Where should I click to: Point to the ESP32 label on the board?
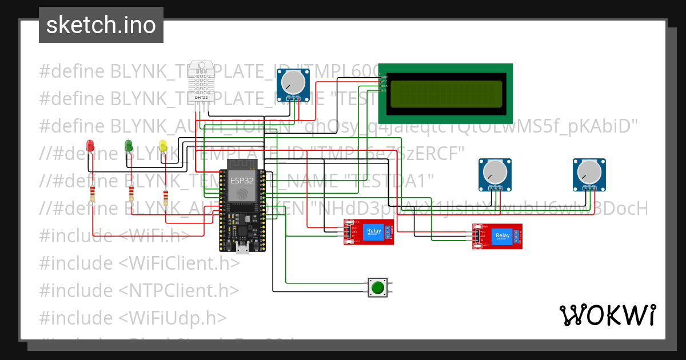click(241, 180)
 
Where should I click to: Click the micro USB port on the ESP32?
click(242, 248)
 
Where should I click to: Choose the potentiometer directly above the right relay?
click(494, 172)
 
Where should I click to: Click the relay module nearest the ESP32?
click(368, 232)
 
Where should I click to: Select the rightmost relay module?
click(497, 236)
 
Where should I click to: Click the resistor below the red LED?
click(91, 196)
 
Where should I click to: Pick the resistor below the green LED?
click(132, 196)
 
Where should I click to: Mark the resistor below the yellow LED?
click(166, 197)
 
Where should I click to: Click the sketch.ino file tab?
click(101, 25)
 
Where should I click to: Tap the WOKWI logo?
click(607, 314)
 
